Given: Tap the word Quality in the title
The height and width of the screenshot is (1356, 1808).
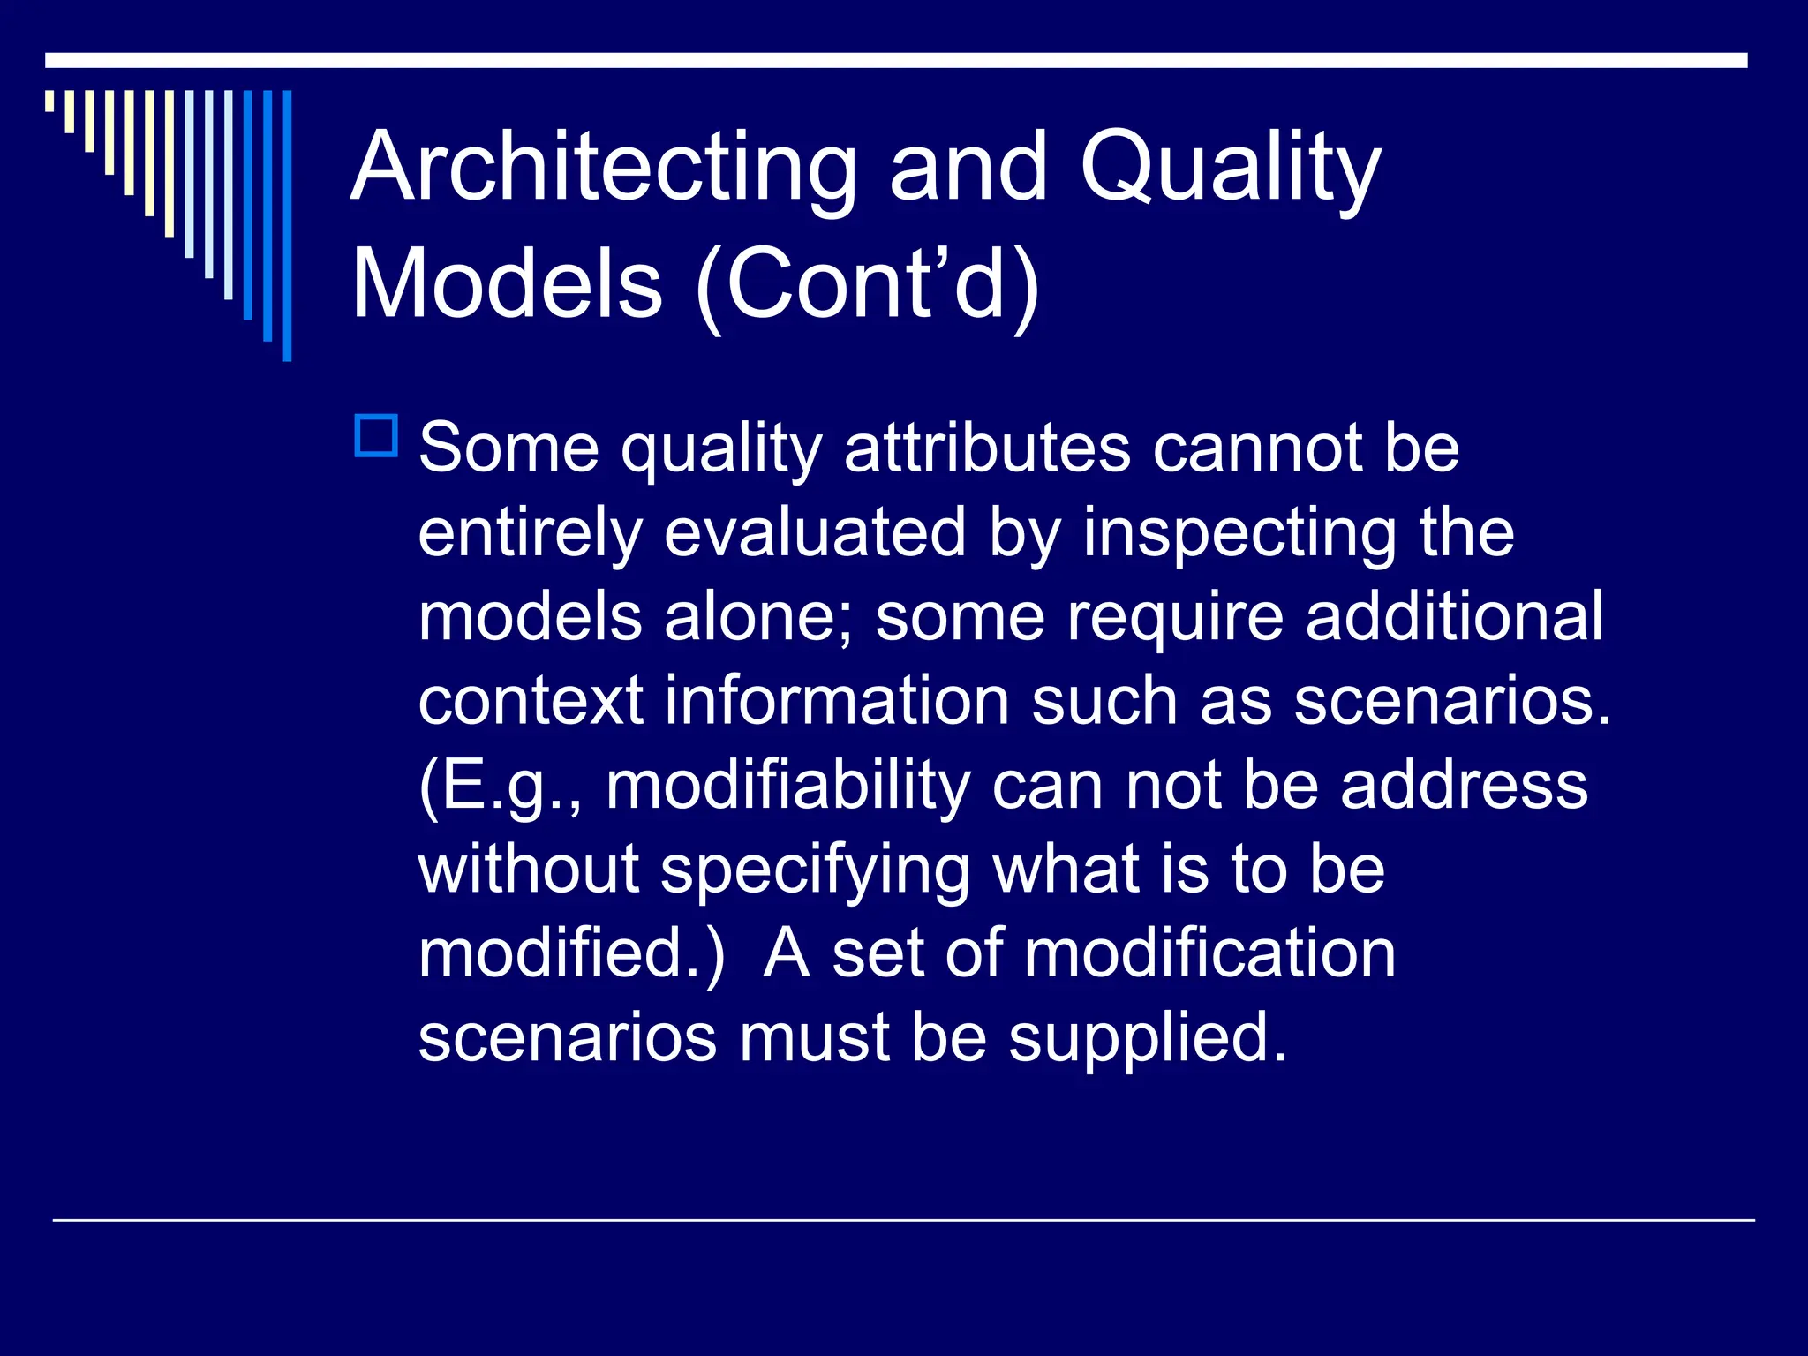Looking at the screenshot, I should (1230, 168).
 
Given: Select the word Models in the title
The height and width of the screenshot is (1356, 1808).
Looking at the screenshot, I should (507, 284).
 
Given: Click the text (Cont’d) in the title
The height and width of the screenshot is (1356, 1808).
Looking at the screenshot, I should (868, 284).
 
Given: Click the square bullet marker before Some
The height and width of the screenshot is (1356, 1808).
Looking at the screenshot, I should (376, 436).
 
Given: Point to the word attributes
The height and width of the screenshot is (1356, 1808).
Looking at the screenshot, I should (987, 448).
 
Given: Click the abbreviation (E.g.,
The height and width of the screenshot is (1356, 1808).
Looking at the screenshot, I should (500, 786).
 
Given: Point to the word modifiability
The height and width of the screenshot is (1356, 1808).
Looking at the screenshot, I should (787, 786).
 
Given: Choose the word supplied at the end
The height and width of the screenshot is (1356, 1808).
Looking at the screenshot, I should (1147, 1038).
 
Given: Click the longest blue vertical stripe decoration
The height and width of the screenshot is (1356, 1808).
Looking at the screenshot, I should (287, 225).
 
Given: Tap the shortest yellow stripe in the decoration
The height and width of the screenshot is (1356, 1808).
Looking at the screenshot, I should (49, 101).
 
